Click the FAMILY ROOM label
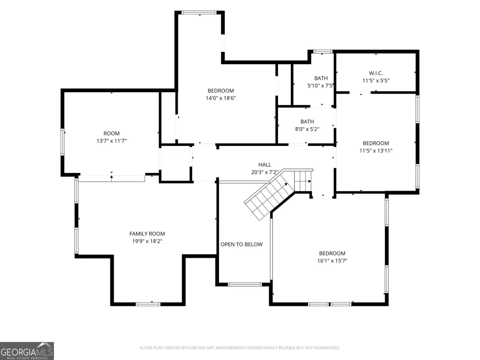pyautogui.click(x=147, y=234)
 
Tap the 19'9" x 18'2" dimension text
pyautogui.click(x=147, y=241)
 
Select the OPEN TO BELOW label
pyautogui.click(x=241, y=244)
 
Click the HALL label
pyautogui.click(x=265, y=165)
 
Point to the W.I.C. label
pyautogui.click(x=376, y=73)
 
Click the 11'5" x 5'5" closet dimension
pyautogui.click(x=376, y=81)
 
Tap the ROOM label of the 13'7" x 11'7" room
pyautogui.click(x=111, y=133)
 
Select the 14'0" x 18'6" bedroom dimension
pyautogui.click(x=221, y=98)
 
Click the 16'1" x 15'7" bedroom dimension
pyautogui.click(x=332, y=261)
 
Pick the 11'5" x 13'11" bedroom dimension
pyautogui.click(x=376, y=151)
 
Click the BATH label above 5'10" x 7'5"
pyautogui.click(x=321, y=78)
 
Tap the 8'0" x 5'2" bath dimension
pyautogui.click(x=307, y=129)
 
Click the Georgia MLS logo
pyautogui.click(x=27, y=351)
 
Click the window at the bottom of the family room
pyautogui.click(x=148, y=304)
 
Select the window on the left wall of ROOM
pyautogui.click(x=62, y=142)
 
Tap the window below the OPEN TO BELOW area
pyautogui.click(x=245, y=284)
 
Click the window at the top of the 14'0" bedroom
pyautogui.click(x=199, y=12)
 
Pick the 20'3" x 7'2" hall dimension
pyautogui.click(x=265, y=172)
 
